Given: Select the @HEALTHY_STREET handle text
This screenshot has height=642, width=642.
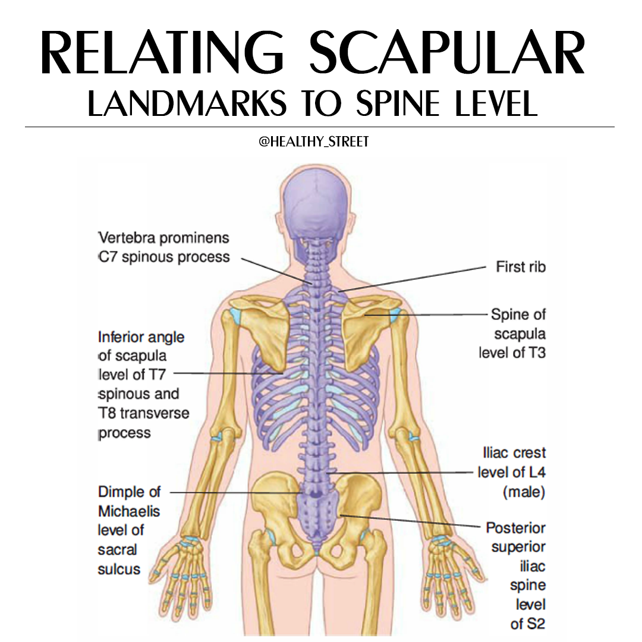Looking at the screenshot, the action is [x=314, y=141].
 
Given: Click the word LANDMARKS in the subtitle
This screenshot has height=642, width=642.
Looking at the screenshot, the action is [x=187, y=103].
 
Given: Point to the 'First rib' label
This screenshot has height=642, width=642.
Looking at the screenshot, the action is [x=521, y=267].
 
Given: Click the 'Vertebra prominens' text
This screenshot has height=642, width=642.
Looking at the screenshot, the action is [x=164, y=238].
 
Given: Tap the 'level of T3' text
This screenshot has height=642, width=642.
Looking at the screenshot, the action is [x=512, y=353].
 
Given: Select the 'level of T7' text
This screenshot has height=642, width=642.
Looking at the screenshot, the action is [x=132, y=374].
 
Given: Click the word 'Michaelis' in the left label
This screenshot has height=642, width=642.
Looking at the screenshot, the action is [x=129, y=511].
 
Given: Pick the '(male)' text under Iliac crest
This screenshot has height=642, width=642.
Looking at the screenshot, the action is [x=524, y=492].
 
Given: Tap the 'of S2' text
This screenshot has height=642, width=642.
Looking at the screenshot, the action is [x=528, y=624].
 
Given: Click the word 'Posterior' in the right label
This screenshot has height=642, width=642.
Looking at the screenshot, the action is [x=516, y=528].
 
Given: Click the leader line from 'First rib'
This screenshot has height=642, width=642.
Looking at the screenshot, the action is [x=413, y=279].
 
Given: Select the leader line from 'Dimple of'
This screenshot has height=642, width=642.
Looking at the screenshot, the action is [x=236, y=492].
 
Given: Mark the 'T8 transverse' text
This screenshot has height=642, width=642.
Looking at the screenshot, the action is [x=144, y=413].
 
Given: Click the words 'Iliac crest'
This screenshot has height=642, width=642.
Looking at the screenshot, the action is [x=514, y=453].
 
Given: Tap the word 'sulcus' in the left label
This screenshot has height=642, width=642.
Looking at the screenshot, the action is [x=119, y=569].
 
